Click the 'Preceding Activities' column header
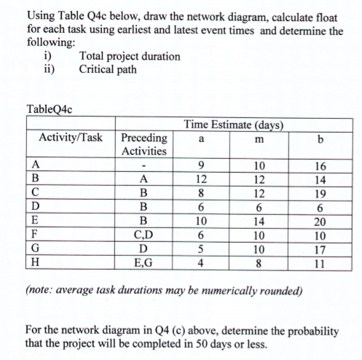pyautogui.click(x=143, y=144)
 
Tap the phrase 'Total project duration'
pyautogui.click(x=130, y=55)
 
